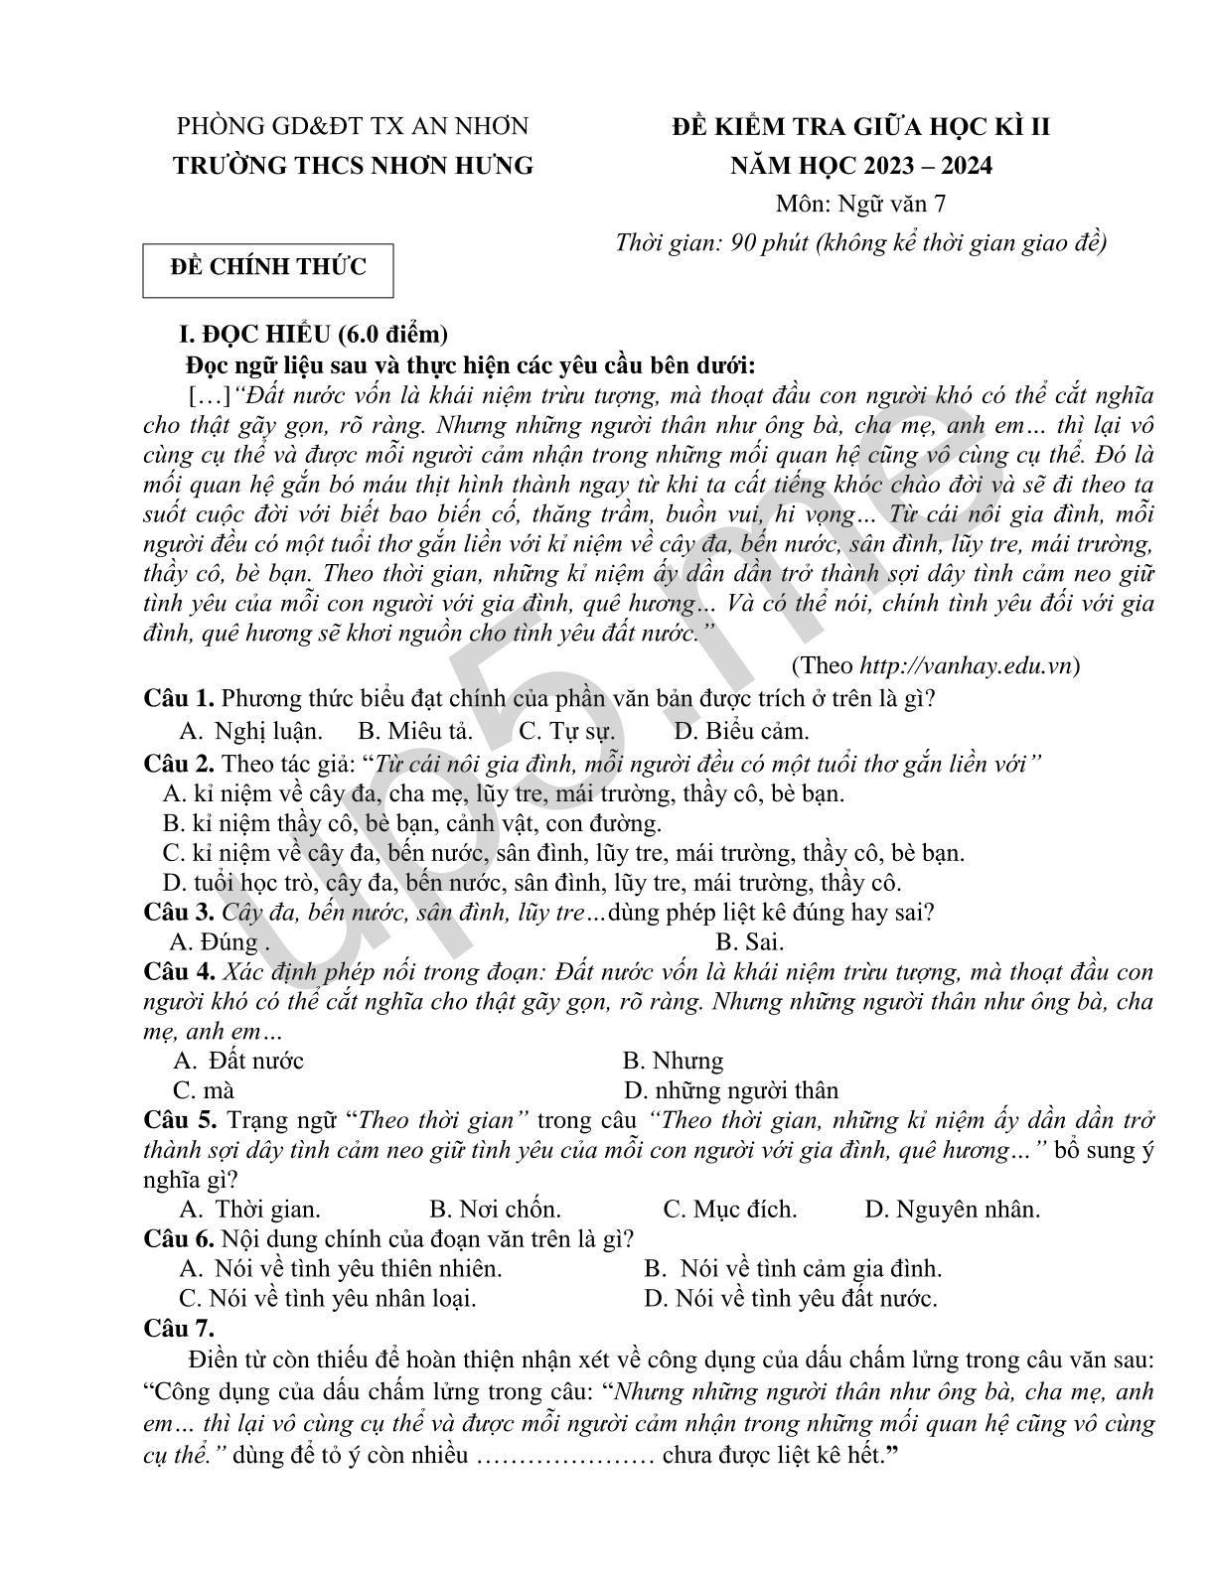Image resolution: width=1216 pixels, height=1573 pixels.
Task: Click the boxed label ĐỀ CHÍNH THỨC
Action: tap(267, 267)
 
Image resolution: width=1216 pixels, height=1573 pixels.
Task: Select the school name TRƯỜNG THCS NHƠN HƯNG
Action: tap(353, 165)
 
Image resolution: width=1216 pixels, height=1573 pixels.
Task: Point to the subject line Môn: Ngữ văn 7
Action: tap(860, 204)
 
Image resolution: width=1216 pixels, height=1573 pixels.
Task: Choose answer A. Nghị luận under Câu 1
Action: tap(251, 732)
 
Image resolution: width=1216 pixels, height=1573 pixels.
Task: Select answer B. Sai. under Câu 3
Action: tap(749, 941)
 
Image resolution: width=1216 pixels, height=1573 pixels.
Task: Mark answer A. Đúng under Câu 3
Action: tap(214, 941)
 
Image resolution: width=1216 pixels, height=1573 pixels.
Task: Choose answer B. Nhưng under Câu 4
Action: tap(673, 1061)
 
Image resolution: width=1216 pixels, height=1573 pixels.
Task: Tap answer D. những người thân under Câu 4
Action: tap(731, 1090)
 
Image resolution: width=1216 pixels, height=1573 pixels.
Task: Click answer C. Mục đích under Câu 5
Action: tap(730, 1210)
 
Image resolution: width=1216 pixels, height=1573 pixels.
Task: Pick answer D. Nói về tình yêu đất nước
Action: tap(791, 1298)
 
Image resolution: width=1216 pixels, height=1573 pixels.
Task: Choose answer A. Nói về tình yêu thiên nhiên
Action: tap(341, 1268)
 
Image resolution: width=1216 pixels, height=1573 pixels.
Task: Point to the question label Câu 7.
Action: tap(179, 1328)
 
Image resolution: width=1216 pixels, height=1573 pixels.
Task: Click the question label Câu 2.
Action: tap(179, 764)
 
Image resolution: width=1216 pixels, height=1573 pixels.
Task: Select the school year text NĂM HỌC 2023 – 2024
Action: tap(860, 165)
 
